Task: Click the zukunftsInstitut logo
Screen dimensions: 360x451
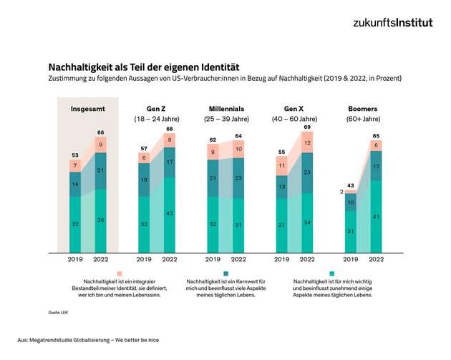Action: (x=392, y=22)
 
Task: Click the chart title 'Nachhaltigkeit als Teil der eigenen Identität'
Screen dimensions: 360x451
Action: (x=144, y=66)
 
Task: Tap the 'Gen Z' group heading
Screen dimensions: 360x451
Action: (x=157, y=109)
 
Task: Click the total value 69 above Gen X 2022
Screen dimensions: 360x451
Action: (x=307, y=127)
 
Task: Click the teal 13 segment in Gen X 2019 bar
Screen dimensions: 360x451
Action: (x=281, y=187)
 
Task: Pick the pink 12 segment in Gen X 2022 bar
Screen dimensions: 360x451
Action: (x=307, y=143)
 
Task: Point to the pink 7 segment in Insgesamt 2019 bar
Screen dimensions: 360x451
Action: (x=75, y=165)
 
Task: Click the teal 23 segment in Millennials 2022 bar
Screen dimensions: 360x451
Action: (x=238, y=178)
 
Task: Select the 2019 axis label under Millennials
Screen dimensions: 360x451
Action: (x=212, y=259)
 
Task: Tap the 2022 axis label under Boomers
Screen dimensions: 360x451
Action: (x=377, y=259)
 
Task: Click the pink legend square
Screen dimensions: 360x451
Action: (x=120, y=273)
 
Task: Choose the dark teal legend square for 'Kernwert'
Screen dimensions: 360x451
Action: (x=225, y=273)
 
